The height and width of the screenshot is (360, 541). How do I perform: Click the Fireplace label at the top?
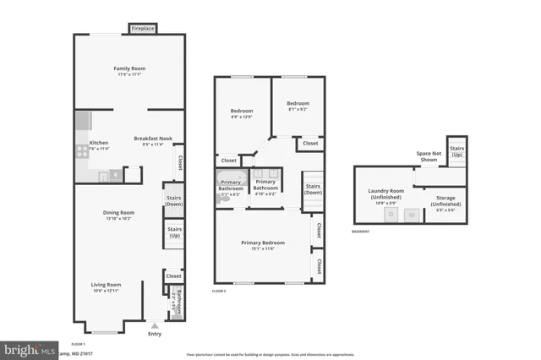click(143, 29)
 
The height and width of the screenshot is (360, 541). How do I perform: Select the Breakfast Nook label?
click(153, 139)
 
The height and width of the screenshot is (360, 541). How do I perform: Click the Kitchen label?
click(99, 143)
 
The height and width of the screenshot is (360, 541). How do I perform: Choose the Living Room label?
click(107, 285)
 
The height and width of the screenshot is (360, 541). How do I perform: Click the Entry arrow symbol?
click(154, 325)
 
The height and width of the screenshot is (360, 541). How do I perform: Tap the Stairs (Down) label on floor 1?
click(174, 201)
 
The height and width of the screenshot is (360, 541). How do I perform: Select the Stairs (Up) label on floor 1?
click(174, 231)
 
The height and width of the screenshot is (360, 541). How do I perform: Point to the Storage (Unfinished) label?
click(445, 204)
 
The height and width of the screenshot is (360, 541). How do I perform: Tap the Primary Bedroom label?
click(262, 243)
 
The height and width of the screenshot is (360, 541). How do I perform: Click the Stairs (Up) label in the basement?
click(457, 152)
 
